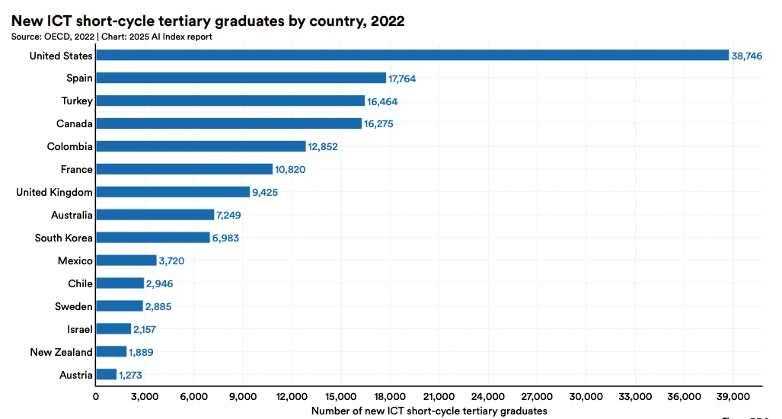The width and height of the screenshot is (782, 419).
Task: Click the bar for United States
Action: pyautogui.click(x=412, y=55)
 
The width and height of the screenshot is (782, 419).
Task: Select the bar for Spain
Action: pyautogui.click(x=241, y=78)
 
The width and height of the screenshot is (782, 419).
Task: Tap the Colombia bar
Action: pyautogui.click(x=201, y=146)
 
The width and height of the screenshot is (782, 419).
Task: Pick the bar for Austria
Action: pyautogui.click(x=107, y=375)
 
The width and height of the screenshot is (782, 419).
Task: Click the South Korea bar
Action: pyautogui.click(x=153, y=238)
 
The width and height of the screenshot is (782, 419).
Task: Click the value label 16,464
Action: pyautogui.click(x=382, y=101)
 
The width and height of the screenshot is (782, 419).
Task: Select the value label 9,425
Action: pyautogui.click(x=265, y=193)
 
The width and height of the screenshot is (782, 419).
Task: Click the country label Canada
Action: pyautogui.click(x=75, y=123)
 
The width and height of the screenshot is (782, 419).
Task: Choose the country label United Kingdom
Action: pyautogui.click(x=54, y=192)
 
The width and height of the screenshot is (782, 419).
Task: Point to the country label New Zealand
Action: pyautogui.click(x=61, y=352)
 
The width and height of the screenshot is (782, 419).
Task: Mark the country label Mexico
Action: pyautogui.click(x=75, y=261)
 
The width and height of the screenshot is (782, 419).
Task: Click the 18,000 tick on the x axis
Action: pyautogui.click(x=390, y=397)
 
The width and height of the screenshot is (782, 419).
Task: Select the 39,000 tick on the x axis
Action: pyautogui.click(x=733, y=397)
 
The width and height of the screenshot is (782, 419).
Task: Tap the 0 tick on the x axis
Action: pyautogui.click(x=96, y=397)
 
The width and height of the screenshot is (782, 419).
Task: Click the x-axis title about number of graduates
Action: pyautogui.click(x=429, y=411)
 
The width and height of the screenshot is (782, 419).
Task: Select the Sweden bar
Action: pyautogui.click(x=120, y=306)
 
